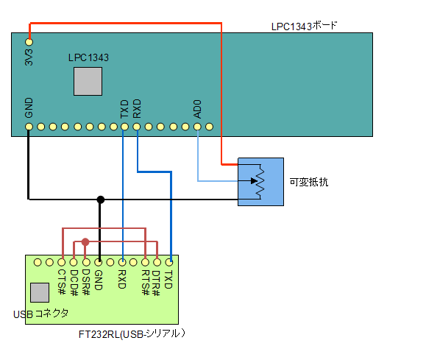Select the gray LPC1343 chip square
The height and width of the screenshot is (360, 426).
pyautogui.click(x=88, y=81)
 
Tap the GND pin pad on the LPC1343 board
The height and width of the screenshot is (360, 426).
pyautogui.click(x=29, y=127)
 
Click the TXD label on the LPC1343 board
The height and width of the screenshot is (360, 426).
pyautogui.click(x=124, y=109)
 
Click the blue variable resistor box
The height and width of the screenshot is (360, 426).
pyautogui.click(x=260, y=181)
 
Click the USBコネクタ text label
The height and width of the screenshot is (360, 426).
pyautogui.click(x=41, y=314)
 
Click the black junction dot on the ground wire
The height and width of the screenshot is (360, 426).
pyautogui.click(x=100, y=199)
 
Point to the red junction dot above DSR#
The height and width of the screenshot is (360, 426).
pyautogui.click(x=86, y=241)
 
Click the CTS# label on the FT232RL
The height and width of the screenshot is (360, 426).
pyautogui.click(x=62, y=280)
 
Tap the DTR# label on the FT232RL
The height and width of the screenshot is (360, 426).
pyautogui.click(x=157, y=283)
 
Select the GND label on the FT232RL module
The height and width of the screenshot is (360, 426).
pyautogui.click(x=98, y=279)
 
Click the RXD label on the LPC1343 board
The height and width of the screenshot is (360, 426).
pyautogui.click(x=137, y=109)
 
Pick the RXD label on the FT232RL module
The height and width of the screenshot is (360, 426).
pyautogui.click(x=121, y=279)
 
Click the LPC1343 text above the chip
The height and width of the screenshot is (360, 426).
pyautogui.click(x=88, y=57)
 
